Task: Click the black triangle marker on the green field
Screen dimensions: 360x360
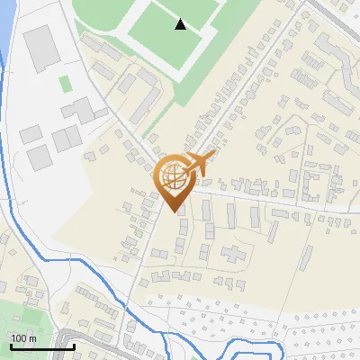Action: (181, 24)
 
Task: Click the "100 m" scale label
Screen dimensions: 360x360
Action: (23, 338)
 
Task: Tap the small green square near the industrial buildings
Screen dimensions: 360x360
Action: (65, 83)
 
